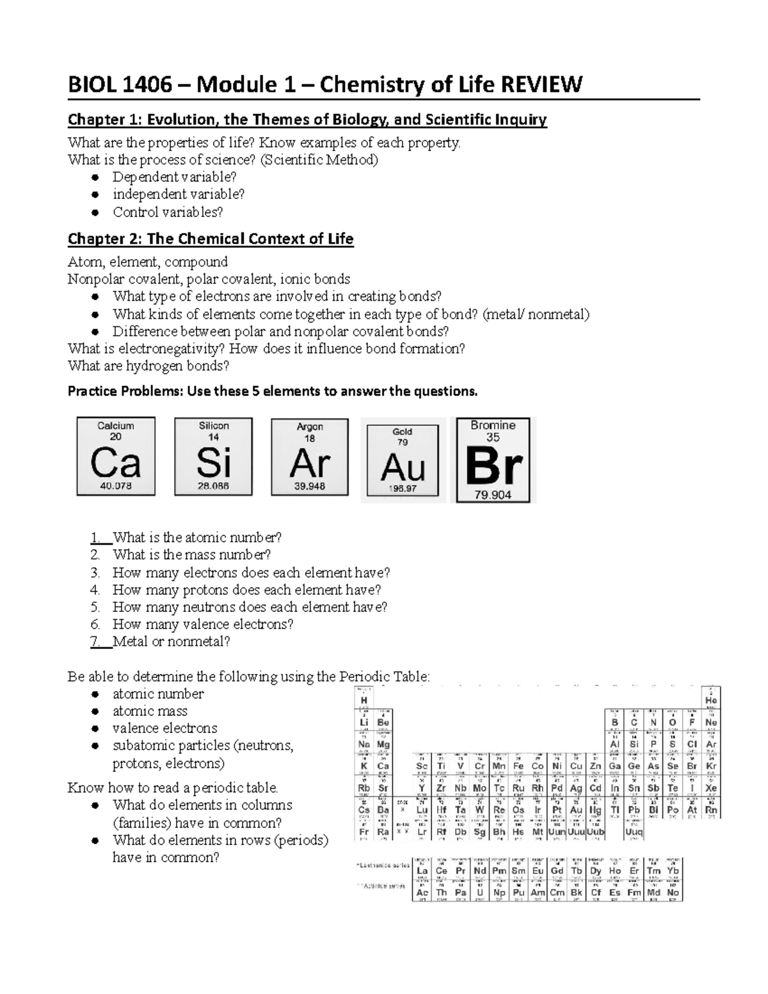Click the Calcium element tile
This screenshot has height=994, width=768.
tap(116, 456)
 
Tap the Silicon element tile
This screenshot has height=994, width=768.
tap(213, 456)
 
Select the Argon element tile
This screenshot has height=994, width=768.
tap(310, 457)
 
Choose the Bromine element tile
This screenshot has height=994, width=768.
tap(493, 460)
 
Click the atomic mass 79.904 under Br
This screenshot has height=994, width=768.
tap(493, 495)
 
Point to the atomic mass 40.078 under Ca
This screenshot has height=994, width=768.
tap(116, 486)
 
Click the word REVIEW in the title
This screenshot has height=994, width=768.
tap(541, 84)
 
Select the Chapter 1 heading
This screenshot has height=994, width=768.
tap(307, 120)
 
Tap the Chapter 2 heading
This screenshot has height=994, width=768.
tap(211, 239)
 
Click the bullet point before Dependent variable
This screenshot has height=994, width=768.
tap(95, 177)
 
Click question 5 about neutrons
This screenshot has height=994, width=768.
tap(250, 607)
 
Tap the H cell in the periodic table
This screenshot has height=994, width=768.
tap(364, 700)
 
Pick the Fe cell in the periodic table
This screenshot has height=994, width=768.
tap(518, 766)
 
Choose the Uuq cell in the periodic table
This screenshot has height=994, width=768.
tap(634, 832)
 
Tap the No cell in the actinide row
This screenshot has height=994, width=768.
tap(673, 892)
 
